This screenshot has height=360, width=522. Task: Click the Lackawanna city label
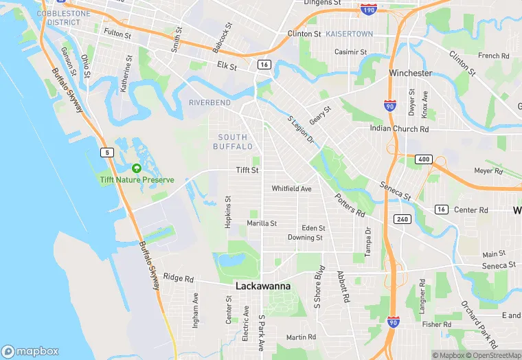[x=263, y=286]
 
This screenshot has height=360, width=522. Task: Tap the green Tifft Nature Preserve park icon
[x=136, y=168]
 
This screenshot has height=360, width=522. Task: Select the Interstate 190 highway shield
[x=367, y=10]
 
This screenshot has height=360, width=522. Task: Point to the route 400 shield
[x=422, y=159]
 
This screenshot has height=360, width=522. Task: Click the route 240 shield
[x=402, y=219]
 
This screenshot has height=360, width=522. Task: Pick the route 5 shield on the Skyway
[x=106, y=152]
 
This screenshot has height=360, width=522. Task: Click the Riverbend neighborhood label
[x=210, y=103]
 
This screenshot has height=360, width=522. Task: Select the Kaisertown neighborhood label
[x=350, y=33]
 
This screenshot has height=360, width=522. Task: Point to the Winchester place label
[x=410, y=73]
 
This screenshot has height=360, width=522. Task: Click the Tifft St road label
[x=247, y=170]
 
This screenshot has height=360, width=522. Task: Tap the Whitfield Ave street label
[x=291, y=188]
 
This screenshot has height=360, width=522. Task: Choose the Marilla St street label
[x=262, y=223]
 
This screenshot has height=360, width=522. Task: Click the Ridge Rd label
[x=179, y=279]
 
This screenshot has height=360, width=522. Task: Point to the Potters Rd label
[x=350, y=203]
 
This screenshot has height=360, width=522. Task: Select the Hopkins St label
[x=228, y=212]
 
